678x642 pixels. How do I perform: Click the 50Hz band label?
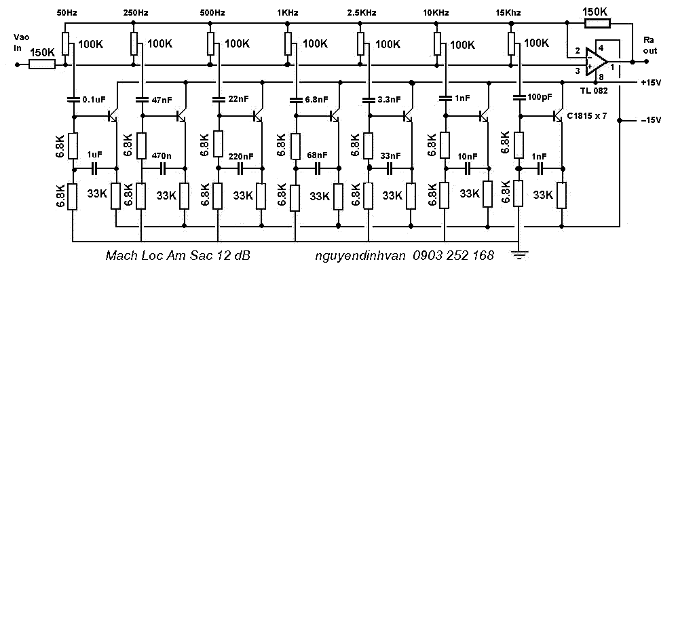coord(67,13)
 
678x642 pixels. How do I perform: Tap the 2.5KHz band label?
coord(362,13)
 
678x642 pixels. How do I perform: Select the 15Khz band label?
coord(508,13)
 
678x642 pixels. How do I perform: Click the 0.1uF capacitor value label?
coord(94,100)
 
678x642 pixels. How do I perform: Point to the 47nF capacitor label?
coord(162,100)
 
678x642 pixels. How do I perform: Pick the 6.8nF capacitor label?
coord(316,100)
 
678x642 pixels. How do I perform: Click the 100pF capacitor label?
coord(540,97)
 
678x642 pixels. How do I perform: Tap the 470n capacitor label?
coord(162,155)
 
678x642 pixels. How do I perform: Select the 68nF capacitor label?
coord(318,155)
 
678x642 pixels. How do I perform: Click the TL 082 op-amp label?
coord(594,91)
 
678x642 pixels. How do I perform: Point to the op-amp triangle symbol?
coord(597,62)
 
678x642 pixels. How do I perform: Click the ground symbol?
coord(519,254)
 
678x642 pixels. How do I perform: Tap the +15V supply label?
coord(651,83)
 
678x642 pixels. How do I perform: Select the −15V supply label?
coord(651,120)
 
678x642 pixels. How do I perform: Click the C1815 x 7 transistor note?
coord(587,116)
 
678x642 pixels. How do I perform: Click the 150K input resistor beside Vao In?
coord(42,65)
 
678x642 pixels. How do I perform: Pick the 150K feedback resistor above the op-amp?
coord(597,23)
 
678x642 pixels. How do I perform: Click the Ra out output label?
coord(649,45)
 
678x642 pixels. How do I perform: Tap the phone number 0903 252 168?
coord(453,255)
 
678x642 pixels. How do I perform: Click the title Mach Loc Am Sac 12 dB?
coord(178,255)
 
